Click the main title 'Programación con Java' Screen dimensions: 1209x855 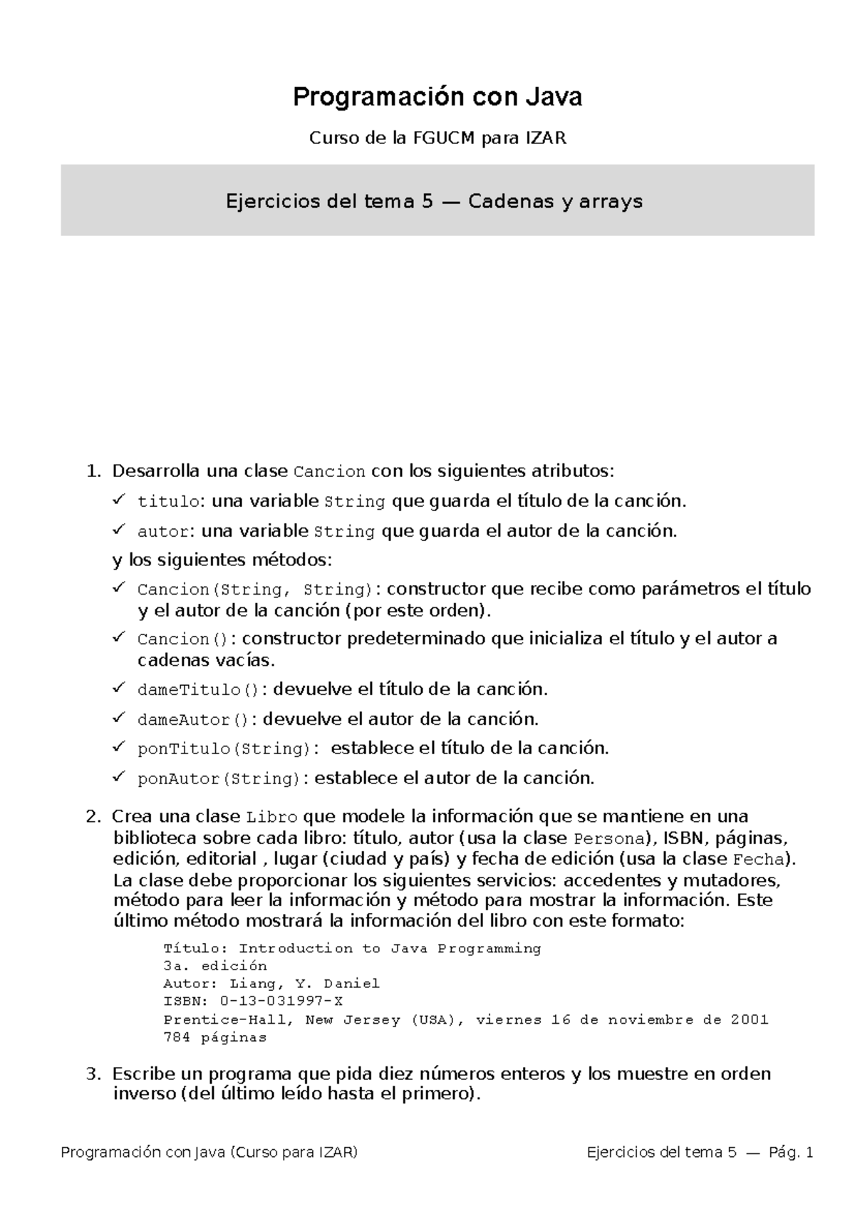pyautogui.click(x=437, y=97)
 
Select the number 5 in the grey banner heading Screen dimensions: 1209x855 pyautogui.click(x=427, y=202)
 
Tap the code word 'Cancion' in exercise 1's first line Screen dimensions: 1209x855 pyautogui.click(x=329, y=472)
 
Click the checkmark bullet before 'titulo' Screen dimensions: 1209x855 pyautogui.click(x=119, y=500)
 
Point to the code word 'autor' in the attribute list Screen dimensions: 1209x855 pyautogui.click(x=163, y=532)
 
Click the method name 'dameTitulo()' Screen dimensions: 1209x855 pyautogui.click(x=199, y=690)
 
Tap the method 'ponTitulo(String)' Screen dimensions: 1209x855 pyautogui.click(x=224, y=749)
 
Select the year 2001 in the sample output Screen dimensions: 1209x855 pyautogui.click(x=750, y=1019)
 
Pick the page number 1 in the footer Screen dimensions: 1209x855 pyautogui.click(x=808, y=1153)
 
